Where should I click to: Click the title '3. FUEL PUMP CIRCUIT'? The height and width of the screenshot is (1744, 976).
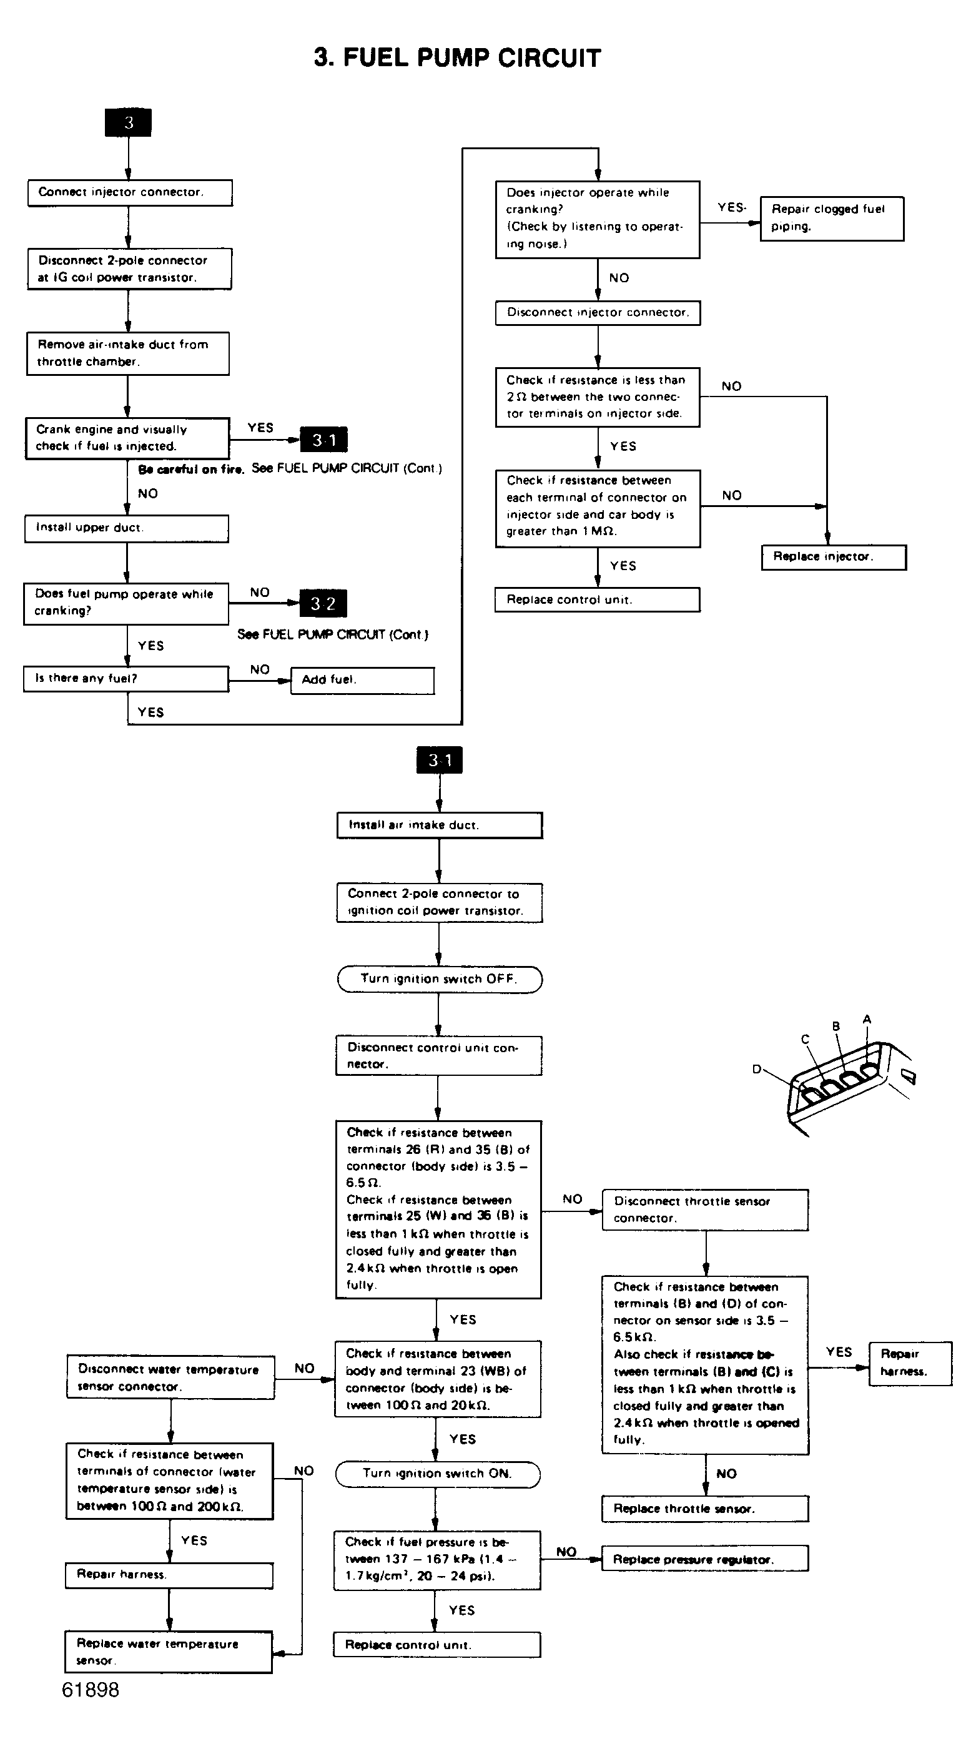coord(457,58)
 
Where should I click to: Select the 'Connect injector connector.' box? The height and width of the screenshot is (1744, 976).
coord(130,192)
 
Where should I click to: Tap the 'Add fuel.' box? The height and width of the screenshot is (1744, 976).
coord(362,681)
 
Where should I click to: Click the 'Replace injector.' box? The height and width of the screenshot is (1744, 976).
coord(833,557)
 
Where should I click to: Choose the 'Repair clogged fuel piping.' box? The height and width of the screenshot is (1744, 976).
coord(832,218)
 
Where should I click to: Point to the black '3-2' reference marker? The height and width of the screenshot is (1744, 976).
coord(323,603)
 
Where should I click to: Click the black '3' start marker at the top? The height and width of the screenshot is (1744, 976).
coord(128,122)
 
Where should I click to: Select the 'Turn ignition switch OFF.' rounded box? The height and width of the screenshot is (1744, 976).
coord(440,979)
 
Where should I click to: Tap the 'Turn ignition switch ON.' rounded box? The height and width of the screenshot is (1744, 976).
coord(438,1474)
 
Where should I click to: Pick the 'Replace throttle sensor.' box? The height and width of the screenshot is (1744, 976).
coord(705,1509)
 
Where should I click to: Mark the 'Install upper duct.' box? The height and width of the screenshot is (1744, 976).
coord(127,529)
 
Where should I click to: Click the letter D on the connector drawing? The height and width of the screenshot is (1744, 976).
coord(757,1069)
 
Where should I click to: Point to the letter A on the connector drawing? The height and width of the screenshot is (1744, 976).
coord(867,1019)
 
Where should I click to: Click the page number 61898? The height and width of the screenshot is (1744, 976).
coord(91,1690)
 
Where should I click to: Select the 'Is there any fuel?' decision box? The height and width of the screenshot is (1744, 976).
coord(127,679)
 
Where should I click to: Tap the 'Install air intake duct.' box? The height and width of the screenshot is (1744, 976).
coord(440,825)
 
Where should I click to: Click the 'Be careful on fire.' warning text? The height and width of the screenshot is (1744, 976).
coord(191,469)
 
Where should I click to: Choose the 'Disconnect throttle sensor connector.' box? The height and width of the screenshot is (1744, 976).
coord(705,1210)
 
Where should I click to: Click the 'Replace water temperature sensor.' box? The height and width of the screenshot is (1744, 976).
coord(169,1652)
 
